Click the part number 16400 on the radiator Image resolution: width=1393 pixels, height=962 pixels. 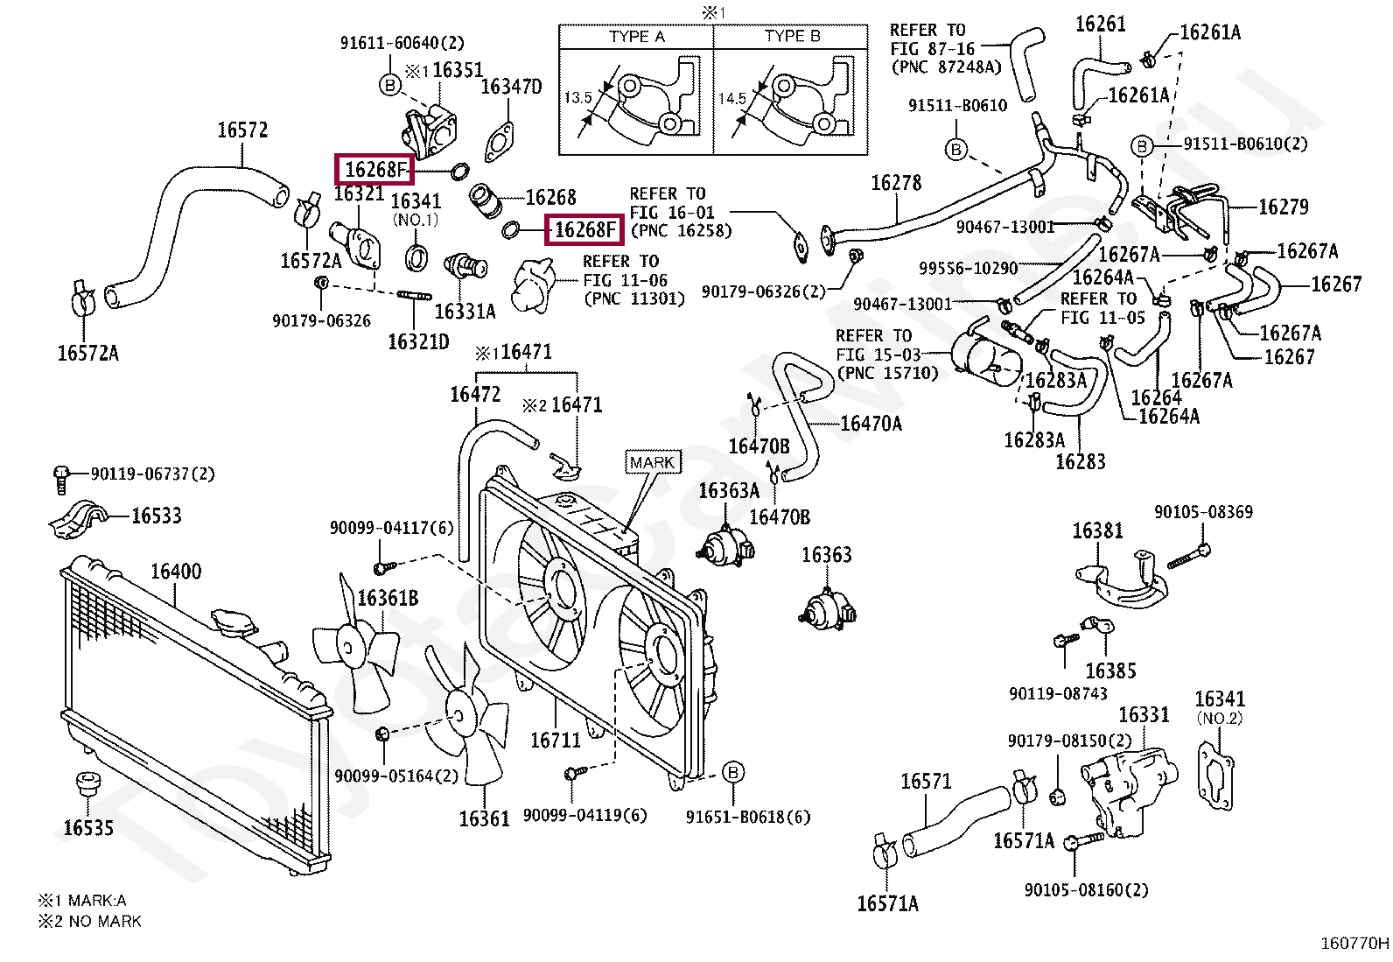tap(176, 572)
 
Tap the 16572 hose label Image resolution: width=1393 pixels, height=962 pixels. tap(242, 130)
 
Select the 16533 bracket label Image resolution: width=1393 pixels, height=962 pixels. tap(157, 515)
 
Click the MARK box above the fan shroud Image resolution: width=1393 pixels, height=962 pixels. tap(652, 462)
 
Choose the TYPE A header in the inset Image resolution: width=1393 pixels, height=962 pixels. tap(636, 37)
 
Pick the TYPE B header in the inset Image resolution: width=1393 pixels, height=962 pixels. tap(792, 37)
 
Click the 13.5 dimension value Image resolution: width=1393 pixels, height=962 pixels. tap(577, 98)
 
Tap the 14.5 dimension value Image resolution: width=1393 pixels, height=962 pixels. tap(732, 98)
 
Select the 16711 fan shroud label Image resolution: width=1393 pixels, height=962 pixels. tap(556, 741)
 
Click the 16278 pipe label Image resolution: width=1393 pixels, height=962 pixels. tap(896, 182)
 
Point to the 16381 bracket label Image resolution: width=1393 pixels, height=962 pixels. tap(1098, 530)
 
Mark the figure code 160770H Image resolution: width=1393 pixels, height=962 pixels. tap(1354, 944)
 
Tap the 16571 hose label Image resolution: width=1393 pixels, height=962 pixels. tap(926, 781)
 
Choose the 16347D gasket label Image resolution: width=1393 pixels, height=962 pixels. tap(512, 87)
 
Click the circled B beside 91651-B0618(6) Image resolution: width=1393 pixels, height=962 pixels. tap(733, 772)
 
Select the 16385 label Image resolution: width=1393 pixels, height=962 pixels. tap(1110, 671)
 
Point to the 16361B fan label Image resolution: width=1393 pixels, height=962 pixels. tap(388, 598)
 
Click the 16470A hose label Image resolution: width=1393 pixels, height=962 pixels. tap(871, 425)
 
